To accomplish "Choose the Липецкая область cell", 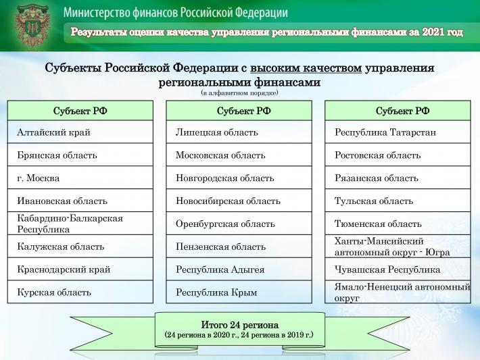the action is pyautogui.click(x=239, y=132).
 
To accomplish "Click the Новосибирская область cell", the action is pyautogui.click(x=239, y=201).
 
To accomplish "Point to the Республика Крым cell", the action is pyautogui.click(x=239, y=292).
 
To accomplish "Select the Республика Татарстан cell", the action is pyautogui.click(x=398, y=132).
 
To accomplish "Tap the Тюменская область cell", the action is pyautogui.click(x=398, y=224).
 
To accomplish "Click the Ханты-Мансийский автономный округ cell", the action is pyautogui.click(x=398, y=247).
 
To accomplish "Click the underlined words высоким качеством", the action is pyautogui.click(x=306, y=68).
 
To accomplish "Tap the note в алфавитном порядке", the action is pyautogui.click(x=239, y=93).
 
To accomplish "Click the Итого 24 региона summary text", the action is pyautogui.click(x=239, y=324).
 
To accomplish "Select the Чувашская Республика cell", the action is pyautogui.click(x=398, y=269).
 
